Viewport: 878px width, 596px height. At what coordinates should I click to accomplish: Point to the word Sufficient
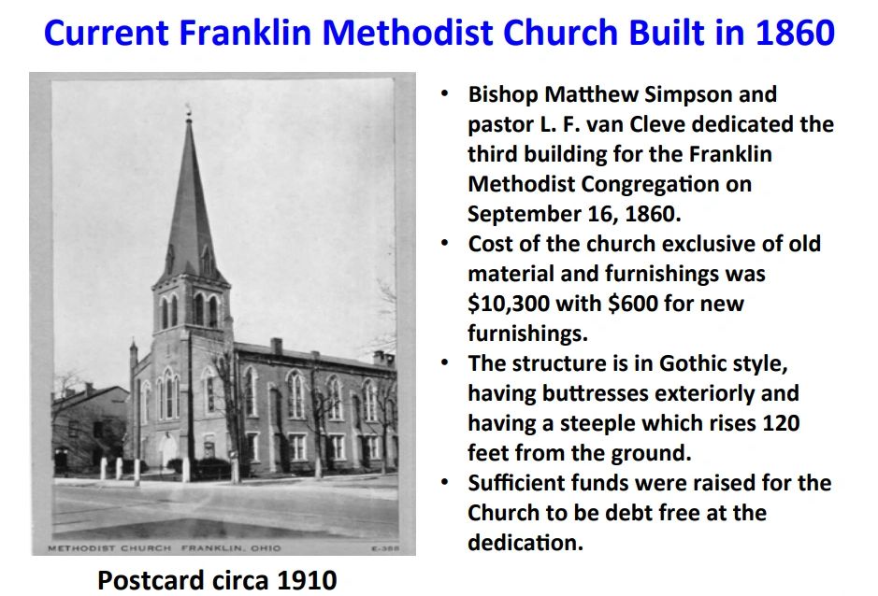point(526,483)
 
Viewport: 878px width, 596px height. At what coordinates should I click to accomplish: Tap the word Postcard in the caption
point(149,580)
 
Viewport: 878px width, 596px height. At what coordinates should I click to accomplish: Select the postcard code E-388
point(386,548)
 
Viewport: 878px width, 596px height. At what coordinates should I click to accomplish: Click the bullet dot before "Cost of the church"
point(447,244)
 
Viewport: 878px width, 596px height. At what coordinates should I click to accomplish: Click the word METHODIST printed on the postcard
point(80,547)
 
